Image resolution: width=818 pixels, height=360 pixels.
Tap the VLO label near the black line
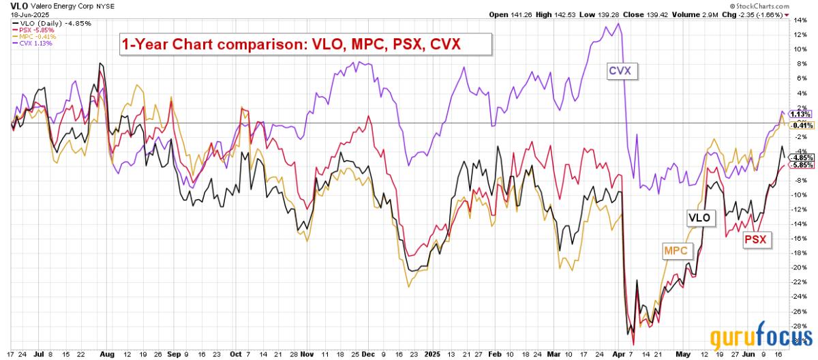click(x=699, y=217)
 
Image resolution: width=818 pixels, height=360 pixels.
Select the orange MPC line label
click(x=677, y=251)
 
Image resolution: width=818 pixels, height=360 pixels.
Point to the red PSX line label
click(x=755, y=239)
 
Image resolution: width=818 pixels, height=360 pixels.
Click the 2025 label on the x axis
click(x=432, y=355)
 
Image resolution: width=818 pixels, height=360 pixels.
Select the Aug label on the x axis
click(x=107, y=355)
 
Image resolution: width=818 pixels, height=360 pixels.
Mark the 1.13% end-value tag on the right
click(x=798, y=114)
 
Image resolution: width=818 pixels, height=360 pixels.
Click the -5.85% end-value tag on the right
click(x=798, y=165)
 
